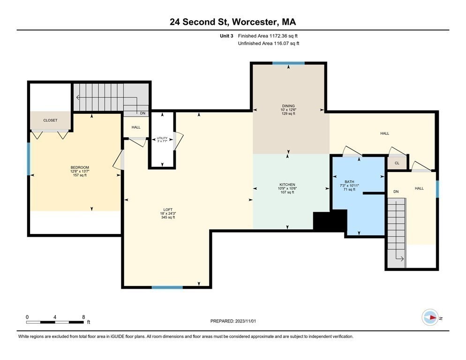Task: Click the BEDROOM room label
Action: tap(80, 167)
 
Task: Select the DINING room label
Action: tap(288, 106)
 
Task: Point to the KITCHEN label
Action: tap(287, 185)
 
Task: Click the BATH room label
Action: tap(350, 181)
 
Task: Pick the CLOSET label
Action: tap(50, 120)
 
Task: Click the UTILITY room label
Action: tap(162, 138)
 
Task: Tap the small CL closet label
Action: tap(397, 163)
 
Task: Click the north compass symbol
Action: tap(430, 317)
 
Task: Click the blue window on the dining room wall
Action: tap(289, 63)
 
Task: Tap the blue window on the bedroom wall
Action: tap(29, 159)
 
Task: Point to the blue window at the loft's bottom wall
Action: tap(167, 287)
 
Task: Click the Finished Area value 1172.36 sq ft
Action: tap(284, 36)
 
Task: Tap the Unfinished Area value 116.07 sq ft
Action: tap(286, 44)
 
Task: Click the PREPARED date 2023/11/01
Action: tap(246, 321)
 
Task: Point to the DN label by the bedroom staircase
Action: tap(143, 113)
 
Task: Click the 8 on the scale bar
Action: tap(83, 317)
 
